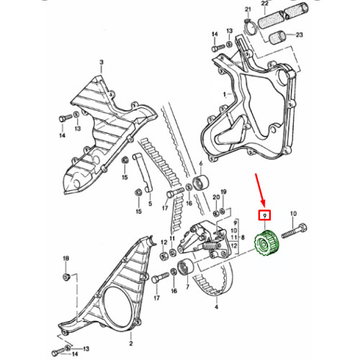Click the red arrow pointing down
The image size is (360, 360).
click(260, 189)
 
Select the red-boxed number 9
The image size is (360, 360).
click(265, 215)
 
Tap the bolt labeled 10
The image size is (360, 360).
click(294, 231)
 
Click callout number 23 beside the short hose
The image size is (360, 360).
click(299, 35)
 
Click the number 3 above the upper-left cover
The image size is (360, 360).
click(102, 62)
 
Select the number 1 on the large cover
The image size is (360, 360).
click(225, 94)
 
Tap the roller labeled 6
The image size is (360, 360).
click(201, 183)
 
